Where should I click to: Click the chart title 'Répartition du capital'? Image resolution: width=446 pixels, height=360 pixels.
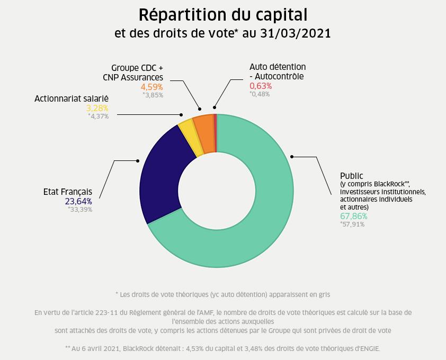pos(222,14)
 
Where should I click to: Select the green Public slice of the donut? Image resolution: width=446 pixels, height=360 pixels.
pos(265,222)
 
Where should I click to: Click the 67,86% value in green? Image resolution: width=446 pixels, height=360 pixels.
pos(353,216)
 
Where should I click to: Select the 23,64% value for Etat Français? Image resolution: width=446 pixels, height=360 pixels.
pos(78,201)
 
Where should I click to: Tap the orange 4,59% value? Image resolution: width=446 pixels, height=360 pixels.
pos(151,86)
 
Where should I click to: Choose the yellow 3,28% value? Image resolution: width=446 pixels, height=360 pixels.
pos(97,108)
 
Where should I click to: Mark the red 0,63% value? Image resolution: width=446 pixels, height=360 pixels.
pos(261,86)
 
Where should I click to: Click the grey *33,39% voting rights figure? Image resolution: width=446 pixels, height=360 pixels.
pos(80,209)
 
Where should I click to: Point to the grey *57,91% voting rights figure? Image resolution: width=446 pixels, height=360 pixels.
pos(352,224)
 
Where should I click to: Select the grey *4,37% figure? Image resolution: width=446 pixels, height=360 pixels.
pos(98,116)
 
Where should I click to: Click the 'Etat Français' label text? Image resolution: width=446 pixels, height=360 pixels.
pos(68,192)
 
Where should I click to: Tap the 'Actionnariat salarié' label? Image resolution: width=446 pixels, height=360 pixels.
pos(72,98)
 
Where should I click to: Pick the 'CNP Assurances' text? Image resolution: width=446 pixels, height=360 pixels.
pos(133,77)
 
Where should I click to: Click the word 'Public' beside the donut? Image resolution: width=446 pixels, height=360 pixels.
pos(352,176)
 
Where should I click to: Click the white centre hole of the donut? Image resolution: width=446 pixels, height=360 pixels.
pos(216,191)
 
